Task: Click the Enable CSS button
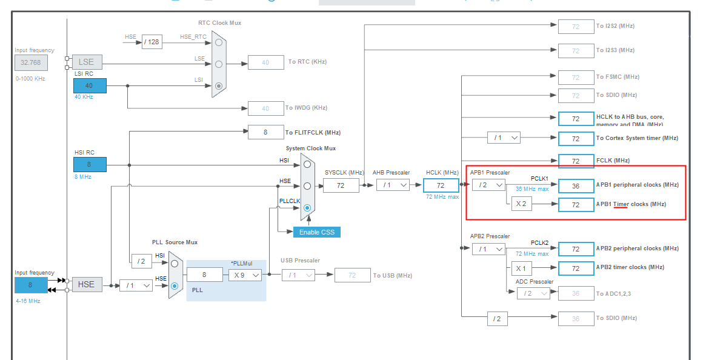pyautogui.click(x=316, y=232)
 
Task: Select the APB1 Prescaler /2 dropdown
pyautogui.click(x=488, y=185)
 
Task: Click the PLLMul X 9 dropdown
pyautogui.click(x=245, y=275)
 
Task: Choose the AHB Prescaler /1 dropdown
pyautogui.click(x=393, y=185)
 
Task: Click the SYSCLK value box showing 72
pyautogui.click(x=341, y=185)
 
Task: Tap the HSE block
pyautogui.click(x=87, y=284)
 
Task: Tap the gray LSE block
pyautogui.click(x=87, y=62)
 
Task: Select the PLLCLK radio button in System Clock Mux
pyautogui.click(x=308, y=208)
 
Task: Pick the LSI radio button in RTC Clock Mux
pyautogui.click(x=219, y=85)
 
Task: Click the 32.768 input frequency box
pyautogui.click(x=31, y=62)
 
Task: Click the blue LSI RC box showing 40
pyautogui.click(x=90, y=85)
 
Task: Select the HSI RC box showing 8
pyautogui.click(x=90, y=164)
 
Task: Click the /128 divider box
pyautogui.click(x=152, y=42)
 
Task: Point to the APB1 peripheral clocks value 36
pyautogui.click(x=576, y=185)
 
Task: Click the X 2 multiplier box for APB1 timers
pyautogui.click(x=521, y=204)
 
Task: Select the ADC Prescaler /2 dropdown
pyautogui.click(x=533, y=293)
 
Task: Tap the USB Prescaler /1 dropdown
pyautogui.click(x=298, y=275)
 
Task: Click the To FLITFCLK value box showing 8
pyautogui.click(x=265, y=132)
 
